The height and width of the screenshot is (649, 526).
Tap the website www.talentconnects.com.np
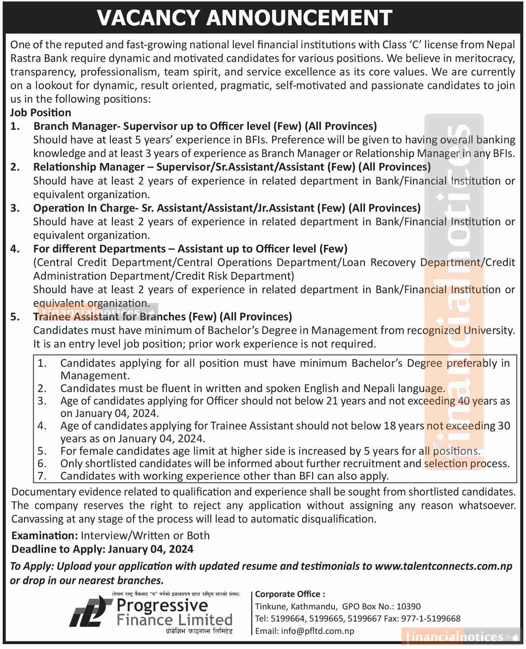pos(443,566)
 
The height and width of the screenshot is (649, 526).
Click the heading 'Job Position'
pos(41,112)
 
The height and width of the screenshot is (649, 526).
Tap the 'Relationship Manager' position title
pos(89,167)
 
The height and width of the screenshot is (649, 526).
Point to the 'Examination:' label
pos(44,535)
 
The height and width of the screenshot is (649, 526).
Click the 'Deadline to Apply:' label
pos(58,549)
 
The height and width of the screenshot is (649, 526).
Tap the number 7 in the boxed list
pos(42,476)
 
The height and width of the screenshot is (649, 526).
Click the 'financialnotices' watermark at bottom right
pos(454,637)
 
